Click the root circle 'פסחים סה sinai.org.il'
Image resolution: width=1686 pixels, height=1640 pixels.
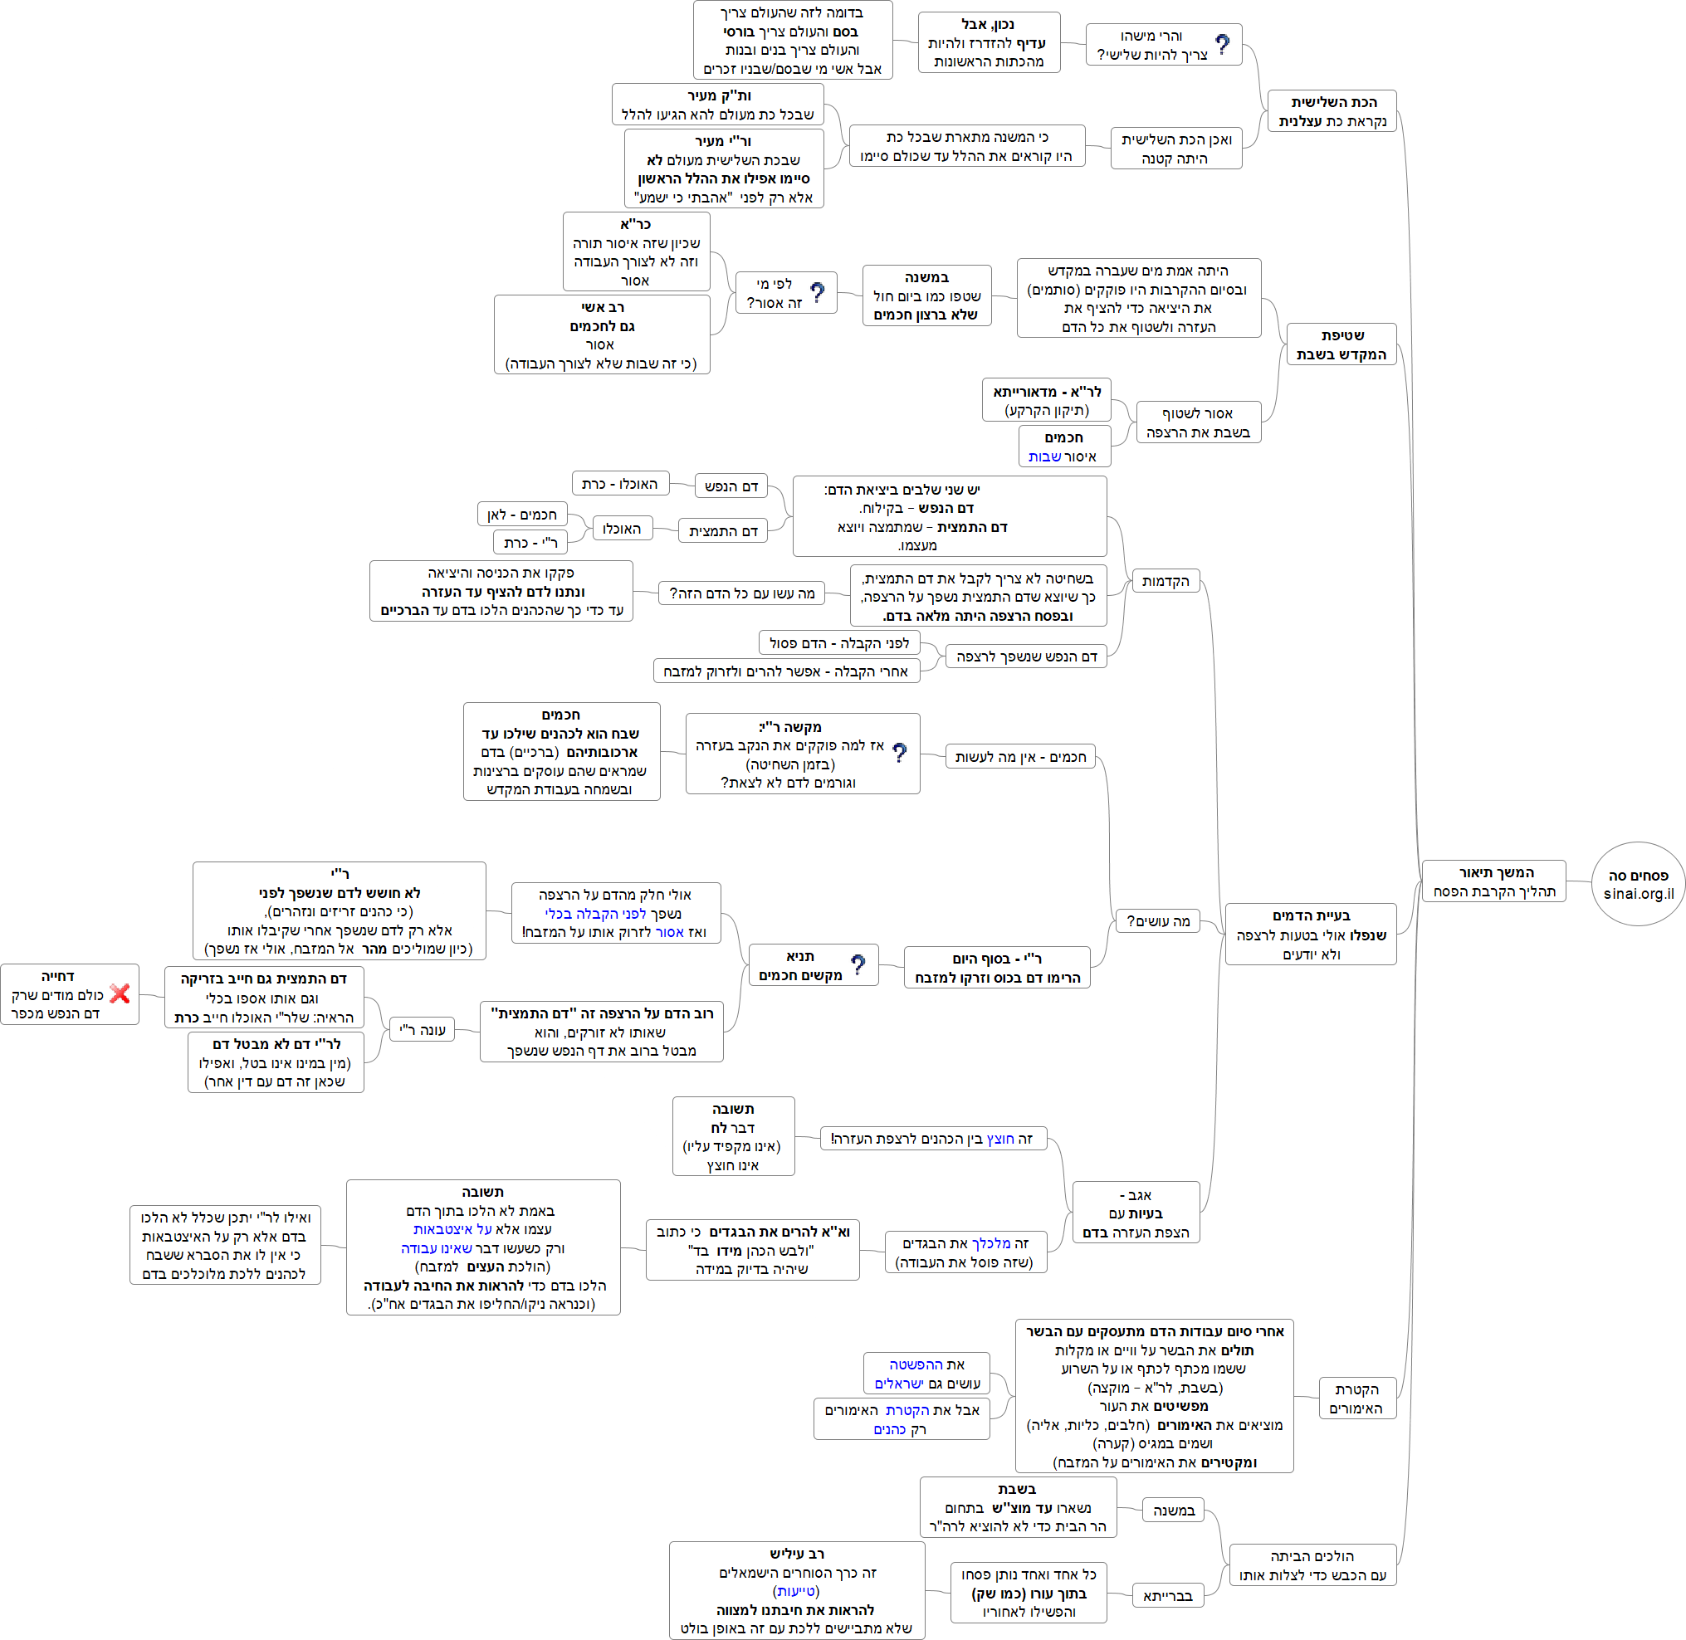tap(1638, 884)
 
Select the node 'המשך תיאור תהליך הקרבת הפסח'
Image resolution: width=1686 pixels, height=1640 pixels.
tap(1493, 881)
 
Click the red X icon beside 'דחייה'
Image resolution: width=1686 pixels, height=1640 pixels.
tap(120, 993)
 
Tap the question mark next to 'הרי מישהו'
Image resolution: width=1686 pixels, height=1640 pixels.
tap(1223, 44)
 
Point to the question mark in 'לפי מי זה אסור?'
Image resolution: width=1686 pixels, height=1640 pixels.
tap(817, 293)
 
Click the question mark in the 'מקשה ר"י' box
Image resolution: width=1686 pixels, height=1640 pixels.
tap(899, 753)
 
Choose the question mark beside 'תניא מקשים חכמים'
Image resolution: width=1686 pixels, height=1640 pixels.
tap(858, 964)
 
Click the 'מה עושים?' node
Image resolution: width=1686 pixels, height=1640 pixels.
tap(1157, 920)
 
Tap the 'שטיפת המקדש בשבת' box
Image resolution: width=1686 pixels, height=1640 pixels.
tap(1341, 344)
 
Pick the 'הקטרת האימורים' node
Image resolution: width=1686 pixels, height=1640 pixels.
tap(1357, 1398)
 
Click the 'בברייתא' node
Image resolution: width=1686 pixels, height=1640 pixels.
tap(1167, 1596)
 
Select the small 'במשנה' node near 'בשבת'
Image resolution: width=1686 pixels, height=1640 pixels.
tap(1174, 1510)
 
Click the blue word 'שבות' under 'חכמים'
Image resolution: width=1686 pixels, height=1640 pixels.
tap(1044, 456)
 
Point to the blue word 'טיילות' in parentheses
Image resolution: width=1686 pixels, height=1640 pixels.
tap(796, 1591)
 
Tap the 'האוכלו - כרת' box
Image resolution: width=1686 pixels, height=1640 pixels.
tap(619, 484)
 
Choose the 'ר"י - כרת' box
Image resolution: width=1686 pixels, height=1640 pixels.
tap(530, 543)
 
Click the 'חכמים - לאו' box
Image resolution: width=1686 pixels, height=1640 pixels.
tap(521, 515)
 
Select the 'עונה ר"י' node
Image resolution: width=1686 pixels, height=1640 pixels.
tap(423, 1029)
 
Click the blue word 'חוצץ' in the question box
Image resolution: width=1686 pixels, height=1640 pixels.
tap(1000, 1139)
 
